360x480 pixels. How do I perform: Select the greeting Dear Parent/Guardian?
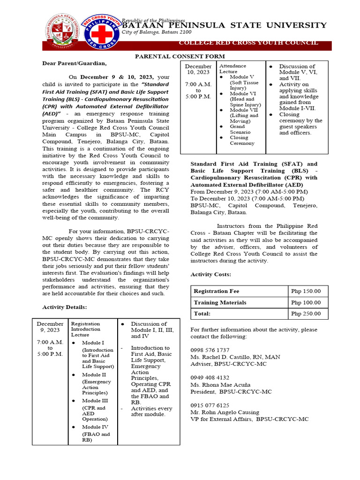[x=75, y=63]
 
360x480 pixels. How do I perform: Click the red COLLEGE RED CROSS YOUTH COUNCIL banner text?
[x=248, y=43]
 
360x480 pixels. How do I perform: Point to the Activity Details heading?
[x=65, y=307]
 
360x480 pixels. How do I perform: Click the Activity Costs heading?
[x=210, y=274]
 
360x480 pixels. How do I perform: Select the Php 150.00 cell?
[x=306, y=291]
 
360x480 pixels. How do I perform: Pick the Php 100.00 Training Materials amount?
[x=306, y=303]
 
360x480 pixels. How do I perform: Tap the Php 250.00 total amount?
[x=306, y=314]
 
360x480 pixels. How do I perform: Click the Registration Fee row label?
[x=216, y=291]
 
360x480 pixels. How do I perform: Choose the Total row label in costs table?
[x=202, y=314]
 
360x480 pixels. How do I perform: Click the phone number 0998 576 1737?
[x=210, y=350]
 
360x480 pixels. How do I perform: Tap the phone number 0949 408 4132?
[x=210, y=377]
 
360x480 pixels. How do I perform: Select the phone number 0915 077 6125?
[x=210, y=405]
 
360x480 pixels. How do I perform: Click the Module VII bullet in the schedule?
[x=242, y=110]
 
